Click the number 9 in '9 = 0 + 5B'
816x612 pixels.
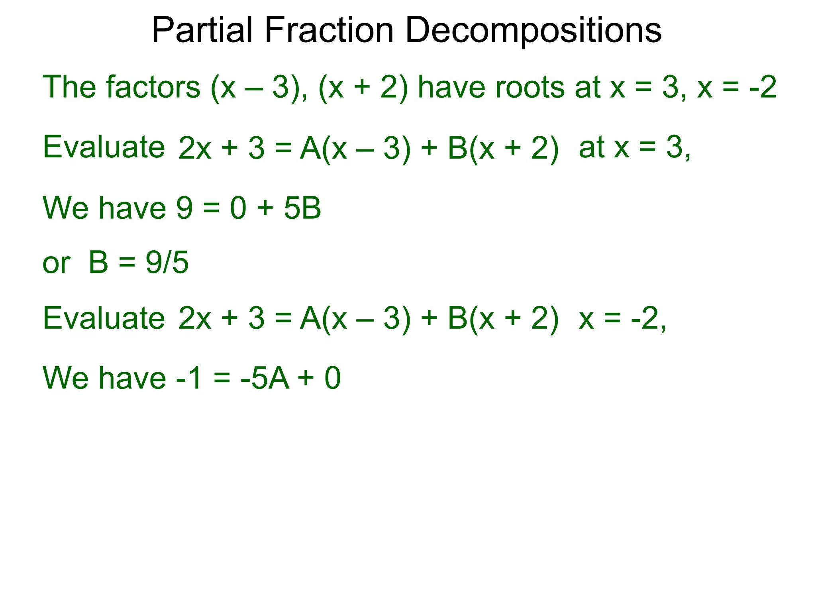click(x=184, y=208)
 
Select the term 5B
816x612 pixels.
click(x=302, y=208)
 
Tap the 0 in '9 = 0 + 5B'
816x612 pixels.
click(x=238, y=208)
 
